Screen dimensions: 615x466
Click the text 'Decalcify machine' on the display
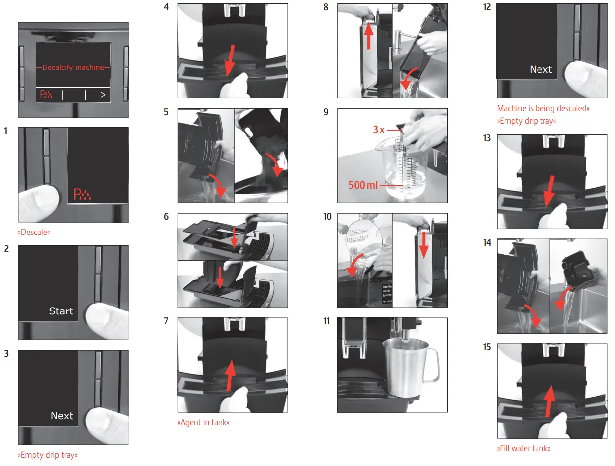coord(74,67)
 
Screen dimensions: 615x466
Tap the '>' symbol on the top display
coord(103,95)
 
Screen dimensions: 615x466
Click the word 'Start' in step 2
coord(61,311)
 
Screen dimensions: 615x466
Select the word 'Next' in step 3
coord(62,416)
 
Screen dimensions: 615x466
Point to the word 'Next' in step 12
coord(540,69)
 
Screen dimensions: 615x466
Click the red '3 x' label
coord(379,130)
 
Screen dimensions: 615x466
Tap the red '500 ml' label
coord(364,186)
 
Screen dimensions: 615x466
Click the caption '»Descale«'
coord(34,232)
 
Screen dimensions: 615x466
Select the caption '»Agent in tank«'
coord(204,423)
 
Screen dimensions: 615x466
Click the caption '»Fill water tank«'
coord(524,449)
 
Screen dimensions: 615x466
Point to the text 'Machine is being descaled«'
coord(543,108)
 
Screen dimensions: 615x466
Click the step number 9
coord(326,112)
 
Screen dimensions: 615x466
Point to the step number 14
coord(487,243)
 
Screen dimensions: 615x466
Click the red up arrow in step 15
coord(549,401)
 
